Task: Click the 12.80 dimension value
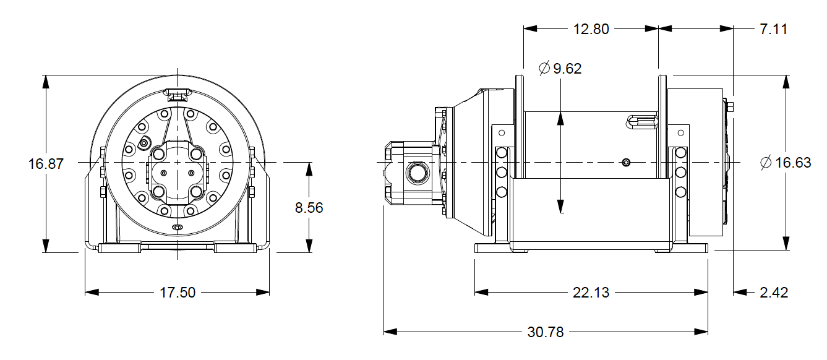click(x=591, y=29)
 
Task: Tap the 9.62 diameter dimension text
click(x=567, y=69)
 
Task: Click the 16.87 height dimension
click(x=46, y=165)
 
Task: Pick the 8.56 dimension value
click(x=309, y=208)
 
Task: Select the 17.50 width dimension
click(x=178, y=293)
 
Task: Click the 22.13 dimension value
click(x=591, y=293)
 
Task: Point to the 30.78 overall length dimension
click(x=546, y=332)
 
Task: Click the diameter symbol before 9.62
click(x=544, y=69)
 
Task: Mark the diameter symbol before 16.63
click(x=766, y=163)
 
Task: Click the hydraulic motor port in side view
click(x=416, y=172)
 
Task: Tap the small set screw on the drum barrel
click(x=626, y=163)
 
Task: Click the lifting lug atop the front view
click(x=177, y=95)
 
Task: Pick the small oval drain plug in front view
click(x=178, y=228)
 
